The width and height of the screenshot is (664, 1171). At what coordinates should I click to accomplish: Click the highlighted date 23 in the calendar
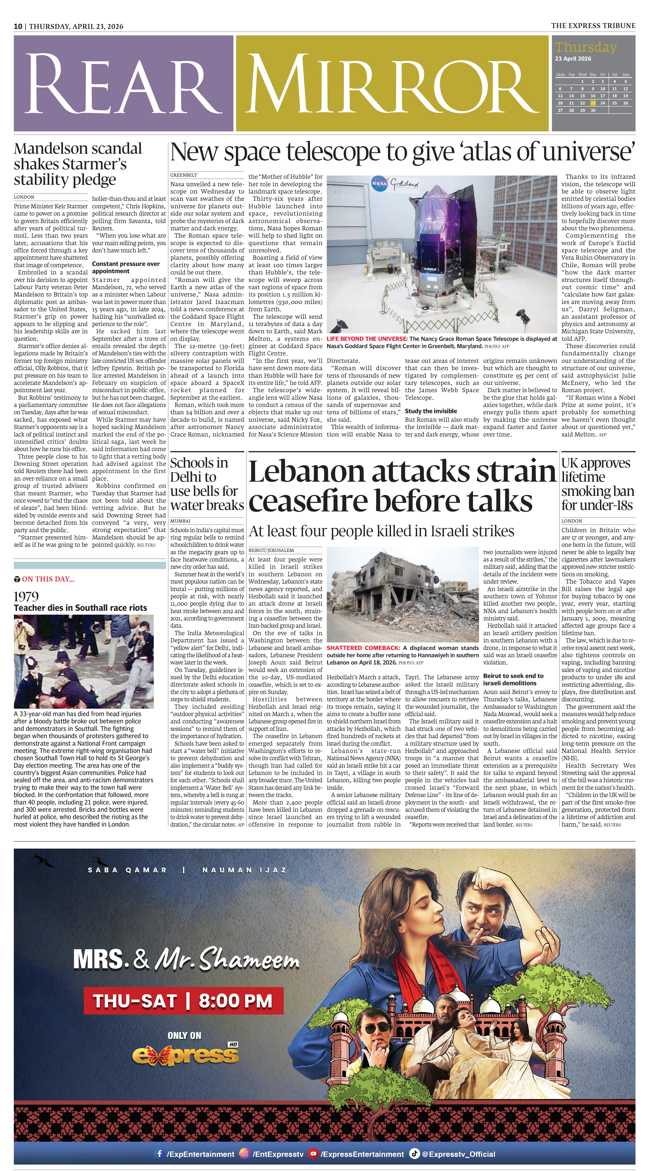point(593,103)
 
